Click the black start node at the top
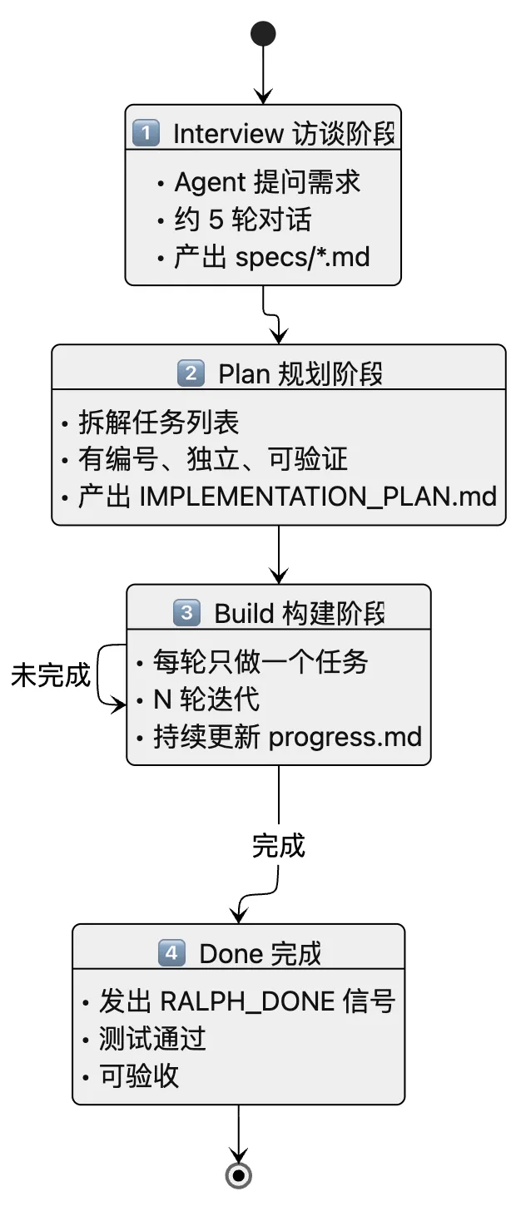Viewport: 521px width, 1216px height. [263, 33]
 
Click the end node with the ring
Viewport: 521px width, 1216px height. [239, 1174]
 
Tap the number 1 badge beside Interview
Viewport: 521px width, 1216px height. [146, 133]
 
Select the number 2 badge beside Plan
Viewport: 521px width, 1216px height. [191, 373]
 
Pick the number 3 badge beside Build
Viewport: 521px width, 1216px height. [186, 614]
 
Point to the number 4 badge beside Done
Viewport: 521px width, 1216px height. [171, 953]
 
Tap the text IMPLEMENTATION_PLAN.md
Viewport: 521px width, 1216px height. [318, 497]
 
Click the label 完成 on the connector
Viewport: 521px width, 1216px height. [279, 846]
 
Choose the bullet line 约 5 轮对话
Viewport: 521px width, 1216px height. [242, 220]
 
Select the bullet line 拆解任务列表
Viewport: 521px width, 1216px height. [159, 423]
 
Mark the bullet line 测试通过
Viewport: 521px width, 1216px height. [152, 1038]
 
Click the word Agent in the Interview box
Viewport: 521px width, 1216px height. [210, 182]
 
